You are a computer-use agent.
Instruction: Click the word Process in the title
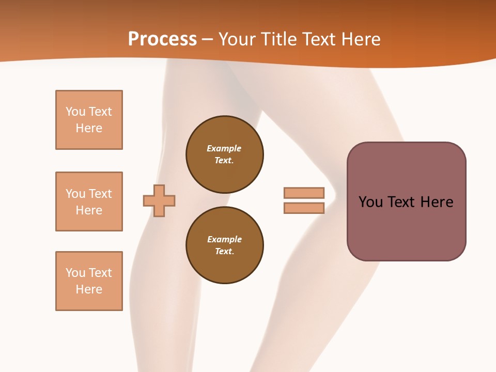click(162, 39)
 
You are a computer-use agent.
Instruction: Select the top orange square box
click(89, 119)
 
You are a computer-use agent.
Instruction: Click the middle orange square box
click(89, 202)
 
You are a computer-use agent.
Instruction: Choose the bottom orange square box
click(89, 281)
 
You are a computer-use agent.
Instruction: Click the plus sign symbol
click(159, 201)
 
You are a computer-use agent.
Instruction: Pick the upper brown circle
click(225, 154)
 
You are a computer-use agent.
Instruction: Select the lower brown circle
click(225, 245)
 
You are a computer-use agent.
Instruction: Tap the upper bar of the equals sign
click(304, 193)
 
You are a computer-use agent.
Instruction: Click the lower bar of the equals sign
click(304, 208)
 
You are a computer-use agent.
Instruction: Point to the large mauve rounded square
click(407, 202)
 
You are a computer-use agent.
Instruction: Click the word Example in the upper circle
click(224, 148)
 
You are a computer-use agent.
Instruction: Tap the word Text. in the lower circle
click(225, 251)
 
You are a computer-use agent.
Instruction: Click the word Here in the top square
click(89, 128)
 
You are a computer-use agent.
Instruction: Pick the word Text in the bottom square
click(100, 273)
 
